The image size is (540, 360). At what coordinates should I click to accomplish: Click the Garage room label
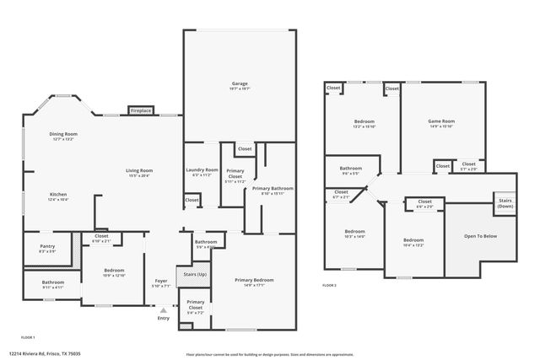click(240, 82)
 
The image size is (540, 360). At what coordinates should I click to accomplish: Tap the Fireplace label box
click(141, 110)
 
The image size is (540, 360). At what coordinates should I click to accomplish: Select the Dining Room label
click(64, 133)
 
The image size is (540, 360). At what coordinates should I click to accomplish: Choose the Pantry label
click(47, 246)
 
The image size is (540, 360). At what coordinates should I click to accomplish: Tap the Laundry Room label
click(202, 170)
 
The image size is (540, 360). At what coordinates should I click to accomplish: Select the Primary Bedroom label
click(254, 280)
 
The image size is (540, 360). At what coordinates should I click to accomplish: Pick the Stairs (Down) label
click(505, 203)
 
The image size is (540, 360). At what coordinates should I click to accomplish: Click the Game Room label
click(441, 121)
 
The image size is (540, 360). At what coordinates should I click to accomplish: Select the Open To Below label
click(480, 235)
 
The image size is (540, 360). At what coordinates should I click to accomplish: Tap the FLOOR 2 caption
click(330, 286)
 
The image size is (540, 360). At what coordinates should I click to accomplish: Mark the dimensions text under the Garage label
click(240, 88)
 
